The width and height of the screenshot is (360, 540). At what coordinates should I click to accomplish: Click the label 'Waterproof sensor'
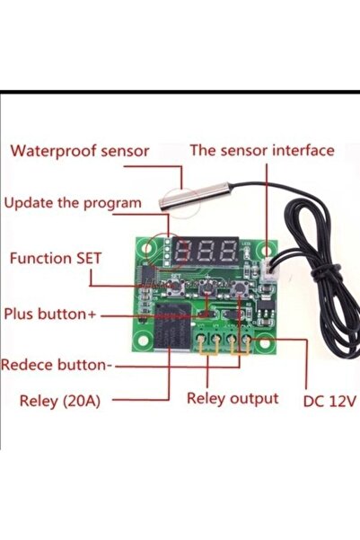79,151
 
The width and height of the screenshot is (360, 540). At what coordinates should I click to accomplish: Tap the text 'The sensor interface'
261,151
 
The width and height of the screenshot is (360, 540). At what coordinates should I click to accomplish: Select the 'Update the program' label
73,203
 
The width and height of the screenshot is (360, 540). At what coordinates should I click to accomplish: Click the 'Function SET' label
56,258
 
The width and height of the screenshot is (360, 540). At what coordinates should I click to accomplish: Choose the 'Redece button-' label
57,366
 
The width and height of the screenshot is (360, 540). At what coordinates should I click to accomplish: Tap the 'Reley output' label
233,398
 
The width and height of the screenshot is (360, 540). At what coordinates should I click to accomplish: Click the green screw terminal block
223,339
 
